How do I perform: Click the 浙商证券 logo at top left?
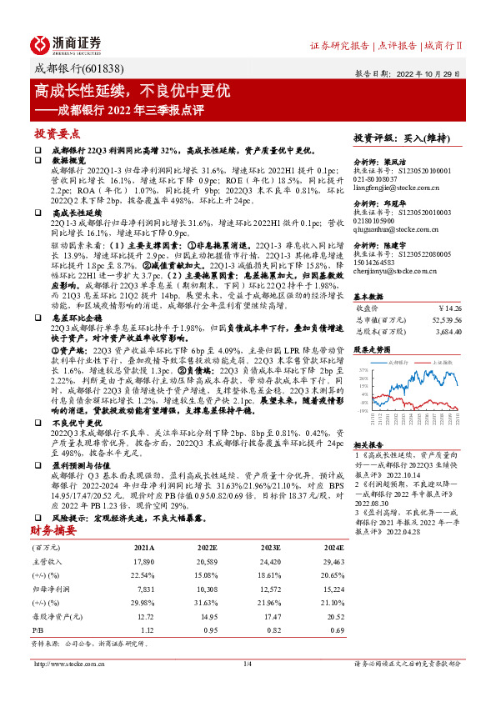(67, 43)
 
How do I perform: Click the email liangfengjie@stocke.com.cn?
(392, 188)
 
